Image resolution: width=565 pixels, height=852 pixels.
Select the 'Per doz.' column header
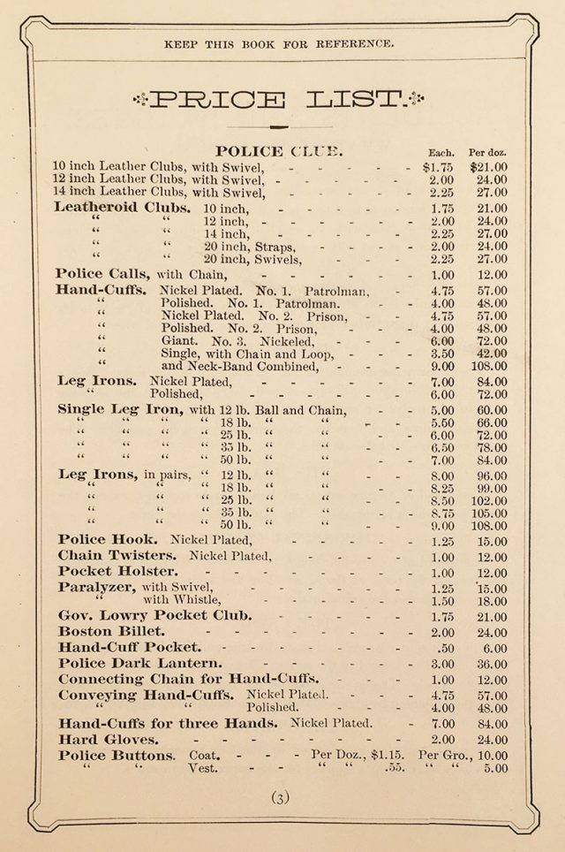(x=487, y=152)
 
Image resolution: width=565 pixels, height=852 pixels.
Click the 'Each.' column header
(x=441, y=152)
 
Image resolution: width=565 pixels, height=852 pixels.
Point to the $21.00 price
(x=487, y=166)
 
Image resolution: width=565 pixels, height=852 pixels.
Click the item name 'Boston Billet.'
(x=111, y=631)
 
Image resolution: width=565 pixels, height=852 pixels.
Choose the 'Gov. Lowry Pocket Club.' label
(x=154, y=615)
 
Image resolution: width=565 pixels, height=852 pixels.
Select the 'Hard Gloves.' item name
(x=109, y=739)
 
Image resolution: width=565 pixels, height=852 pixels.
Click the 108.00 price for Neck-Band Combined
(x=487, y=364)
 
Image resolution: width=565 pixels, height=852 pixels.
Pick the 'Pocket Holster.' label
(x=117, y=571)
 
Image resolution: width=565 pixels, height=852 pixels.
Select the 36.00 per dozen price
(x=490, y=664)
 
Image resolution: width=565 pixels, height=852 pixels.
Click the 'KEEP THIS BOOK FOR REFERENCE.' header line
(x=279, y=43)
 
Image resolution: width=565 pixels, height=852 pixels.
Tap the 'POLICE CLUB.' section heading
(x=273, y=151)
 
